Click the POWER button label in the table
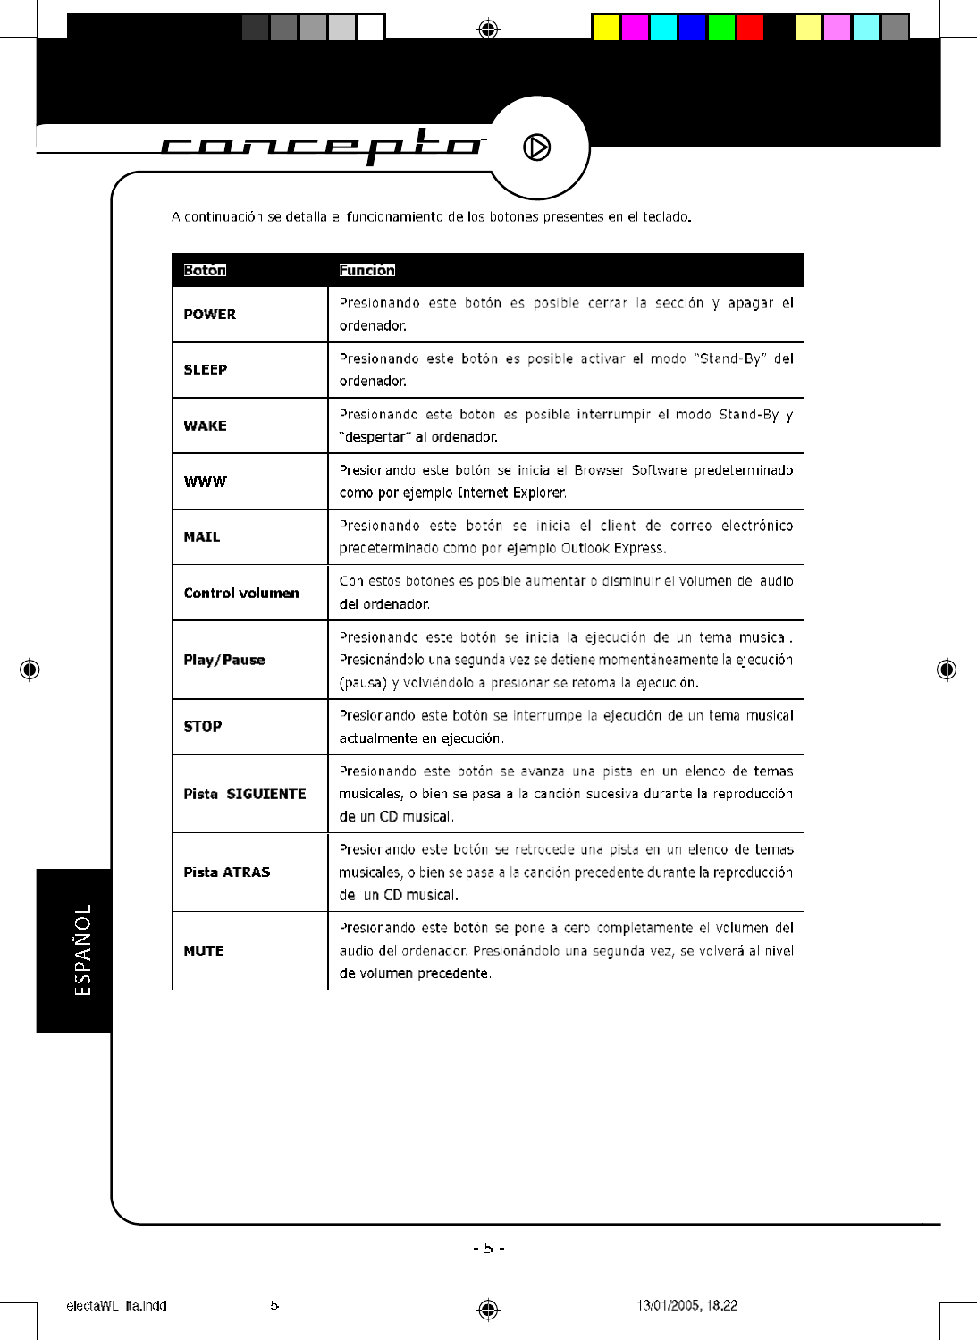pyautogui.click(x=210, y=315)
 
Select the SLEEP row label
pyautogui.click(x=206, y=370)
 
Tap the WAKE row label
pyautogui.click(x=206, y=426)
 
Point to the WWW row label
pyautogui.click(x=206, y=482)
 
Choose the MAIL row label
pyautogui.click(x=202, y=537)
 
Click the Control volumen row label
pyautogui.click(x=241, y=594)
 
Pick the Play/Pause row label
pyautogui.click(x=224, y=661)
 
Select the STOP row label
pyautogui.click(x=203, y=728)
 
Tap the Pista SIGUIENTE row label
pyautogui.click(x=245, y=795)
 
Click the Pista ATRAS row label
pyautogui.click(x=227, y=872)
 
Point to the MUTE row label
pyautogui.click(x=204, y=951)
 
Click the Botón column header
pyautogui.click(x=205, y=270)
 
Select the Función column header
pyautogui.click(x=367, y=270)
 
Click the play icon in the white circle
pyautogui.click(x=537, y=147)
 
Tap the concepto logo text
pyautogui.click(x=322, y=145)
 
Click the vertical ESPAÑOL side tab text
pyautogui.click(x=82, y=949)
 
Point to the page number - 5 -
pyautogui.click(x=489, y=1248)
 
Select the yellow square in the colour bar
pyautogui.click(x=606, y=28)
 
